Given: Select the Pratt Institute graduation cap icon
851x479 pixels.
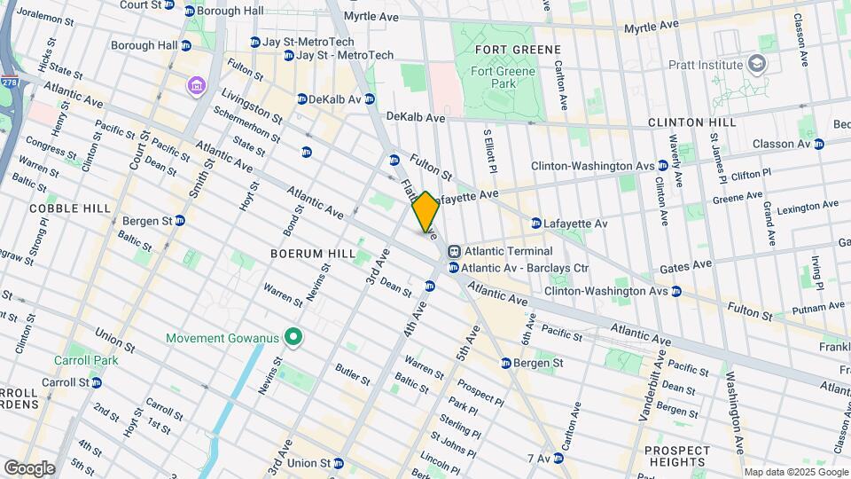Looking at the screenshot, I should click(x=756, y=63).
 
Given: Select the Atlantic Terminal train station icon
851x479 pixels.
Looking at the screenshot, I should click(x=454, y=251).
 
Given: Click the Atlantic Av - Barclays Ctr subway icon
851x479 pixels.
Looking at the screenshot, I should click(x=454, y=268).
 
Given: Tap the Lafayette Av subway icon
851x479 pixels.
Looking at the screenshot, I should click(x=536, y=224).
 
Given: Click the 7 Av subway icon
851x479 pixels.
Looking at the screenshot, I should click(x=558, y=459).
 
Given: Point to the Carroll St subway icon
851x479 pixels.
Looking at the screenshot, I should click(x=97, y=382).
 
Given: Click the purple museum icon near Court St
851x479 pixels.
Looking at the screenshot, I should click(x=194, y=86).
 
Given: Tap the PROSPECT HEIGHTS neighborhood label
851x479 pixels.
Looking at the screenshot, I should click(x=677, y=456).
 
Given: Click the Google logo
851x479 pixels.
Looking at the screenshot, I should click(x=29, y=467).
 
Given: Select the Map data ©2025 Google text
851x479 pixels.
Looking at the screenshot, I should click(x=794, y=472).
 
